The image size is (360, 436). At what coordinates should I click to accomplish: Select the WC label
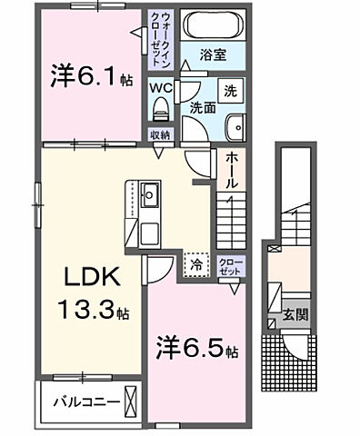(159, 89)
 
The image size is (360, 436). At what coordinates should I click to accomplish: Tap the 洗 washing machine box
(229, 91)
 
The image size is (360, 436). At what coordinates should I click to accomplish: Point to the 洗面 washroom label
(202, 107)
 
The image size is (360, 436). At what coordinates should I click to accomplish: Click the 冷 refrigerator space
(196, 264)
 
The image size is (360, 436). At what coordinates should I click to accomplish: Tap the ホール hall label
(232, 169)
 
